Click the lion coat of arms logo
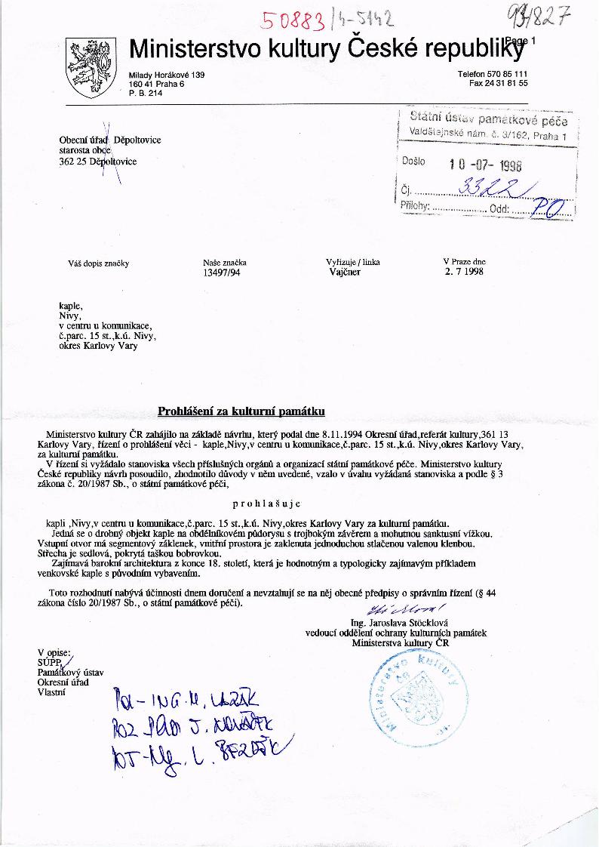tap(90, 68)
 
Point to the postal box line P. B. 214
tap(146, 93)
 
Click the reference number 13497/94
tap(222, 273)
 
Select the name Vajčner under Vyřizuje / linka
tap(345, 273)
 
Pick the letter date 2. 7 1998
tap(464, 272)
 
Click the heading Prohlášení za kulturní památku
tap(241, 411)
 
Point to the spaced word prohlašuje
tap(268, 503)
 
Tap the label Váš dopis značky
tap(99, 263)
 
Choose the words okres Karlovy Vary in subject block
tap(98, 346)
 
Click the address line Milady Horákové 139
tap(167, 75)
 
